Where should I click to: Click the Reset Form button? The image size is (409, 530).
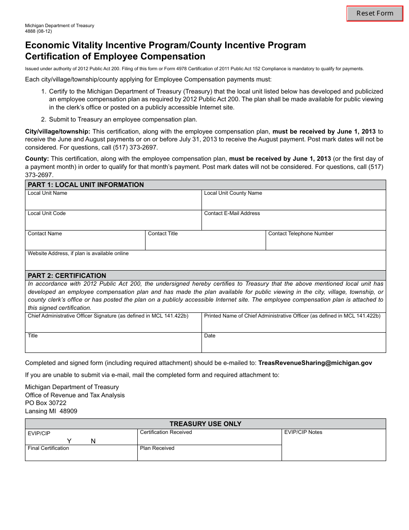pyautogui.click(x=375, y=13)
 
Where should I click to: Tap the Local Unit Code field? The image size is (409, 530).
pyautogui.click(x=113, y=222)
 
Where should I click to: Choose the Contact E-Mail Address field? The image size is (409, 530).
pyautogui.click(x=294, y=222)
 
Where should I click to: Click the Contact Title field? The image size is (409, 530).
pyautogui.click(x=205, y=243)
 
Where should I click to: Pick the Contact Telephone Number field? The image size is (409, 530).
pyautogui.click(x=325, y=243)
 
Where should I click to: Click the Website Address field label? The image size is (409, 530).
pyautogui.click(x=78, y=253)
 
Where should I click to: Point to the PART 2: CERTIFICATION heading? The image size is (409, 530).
pyautogui.click(x=67, y=275)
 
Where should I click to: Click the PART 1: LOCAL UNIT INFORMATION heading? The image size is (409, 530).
pyautogui.click(x=86, y=184)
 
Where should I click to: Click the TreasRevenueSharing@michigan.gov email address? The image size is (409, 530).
pyautogui.click(x=315, y=363)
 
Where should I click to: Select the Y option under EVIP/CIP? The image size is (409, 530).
pyautogui.click(x=69, y=441)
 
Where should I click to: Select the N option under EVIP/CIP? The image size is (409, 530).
pyautogui.click(x=93, y=441)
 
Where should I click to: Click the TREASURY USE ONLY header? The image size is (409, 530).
pyautogui.click(x=205, y=424)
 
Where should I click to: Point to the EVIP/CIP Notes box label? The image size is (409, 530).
pyautogui.click(x=303, y=432)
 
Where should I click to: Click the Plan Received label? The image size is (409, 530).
pyautogui.click(x=157, y=448)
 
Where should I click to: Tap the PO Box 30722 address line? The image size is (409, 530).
pyautogui.click(x=46, y=403)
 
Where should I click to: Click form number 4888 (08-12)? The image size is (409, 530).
pyautogui.click(x=39, y=31)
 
